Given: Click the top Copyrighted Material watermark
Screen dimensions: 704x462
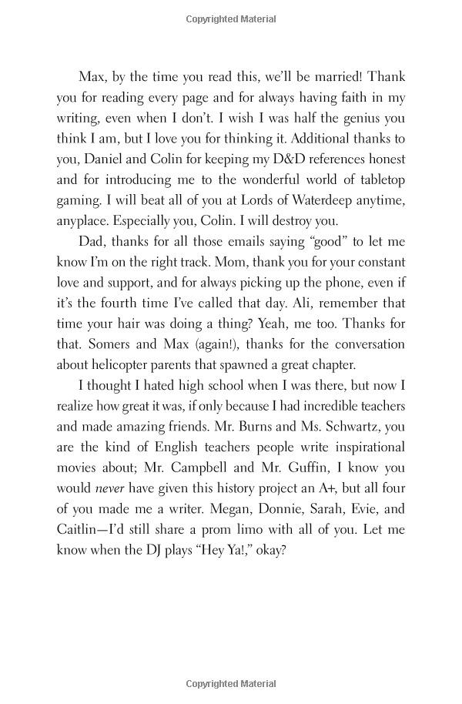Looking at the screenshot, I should pos(231,18).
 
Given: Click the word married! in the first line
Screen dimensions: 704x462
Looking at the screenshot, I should pos(331,78).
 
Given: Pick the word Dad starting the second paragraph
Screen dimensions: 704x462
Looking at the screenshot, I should pos(92,241).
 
